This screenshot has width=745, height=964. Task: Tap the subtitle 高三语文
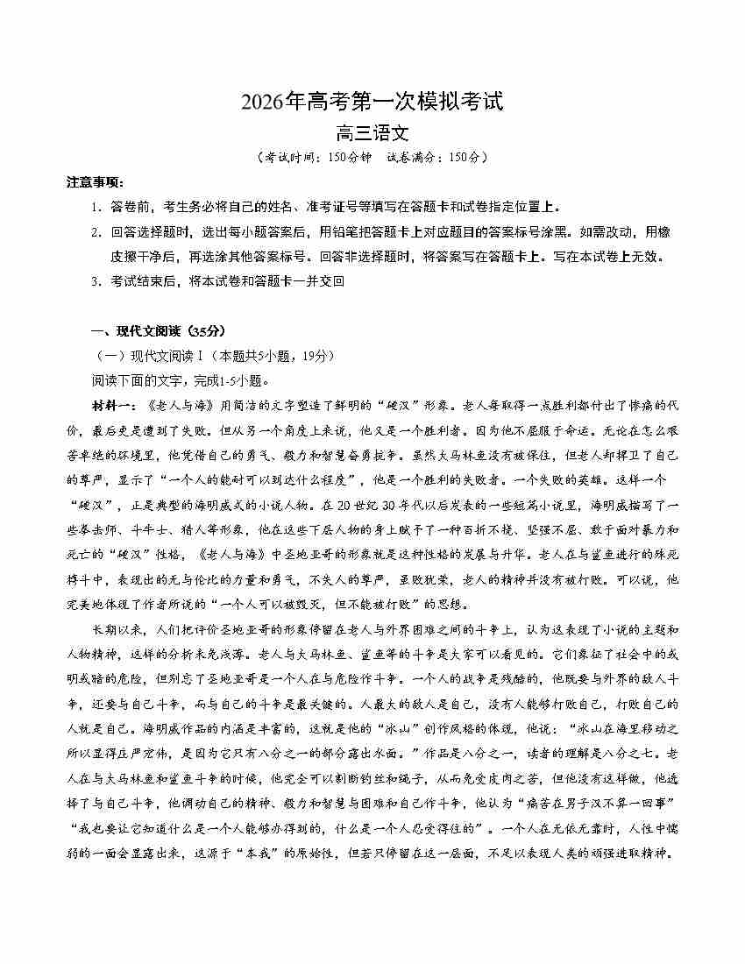coord(372,134)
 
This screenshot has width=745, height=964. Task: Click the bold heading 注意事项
coord(96,182)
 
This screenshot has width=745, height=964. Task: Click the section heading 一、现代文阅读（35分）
coord(158,331)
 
